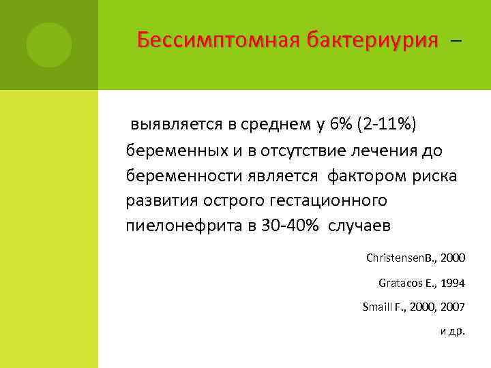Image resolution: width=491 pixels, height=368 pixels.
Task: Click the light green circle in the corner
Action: [x=49, y=45]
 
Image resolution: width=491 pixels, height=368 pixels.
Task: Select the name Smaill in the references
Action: [x=377, y=307]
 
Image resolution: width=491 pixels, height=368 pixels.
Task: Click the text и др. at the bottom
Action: [x=452, y=331]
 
